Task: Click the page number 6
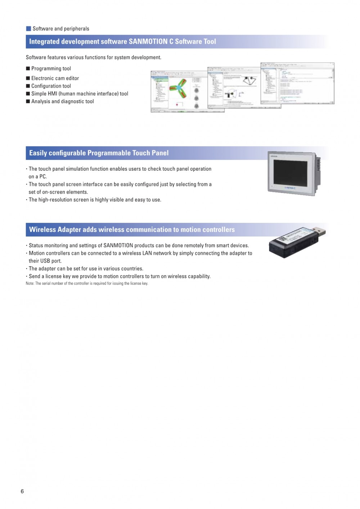pyautogui.click(x=22, y=491)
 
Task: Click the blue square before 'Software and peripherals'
pyautogui.click(x=28, y=28)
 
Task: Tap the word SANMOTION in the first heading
pyautogui.click(x=148, y=41)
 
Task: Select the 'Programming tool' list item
pyautogui.click(x=51, y=68)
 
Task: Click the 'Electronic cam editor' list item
pyautogui.click(x=55, y=78)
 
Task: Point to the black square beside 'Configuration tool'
pyautogui.click(x=28, y=86)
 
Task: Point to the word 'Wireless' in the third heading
pyautogui.click(x=42, y=230)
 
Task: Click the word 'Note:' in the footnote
pyautogui.click(x=30, y=283)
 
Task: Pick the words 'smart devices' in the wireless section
pyautogui.click(x=232, y=246)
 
